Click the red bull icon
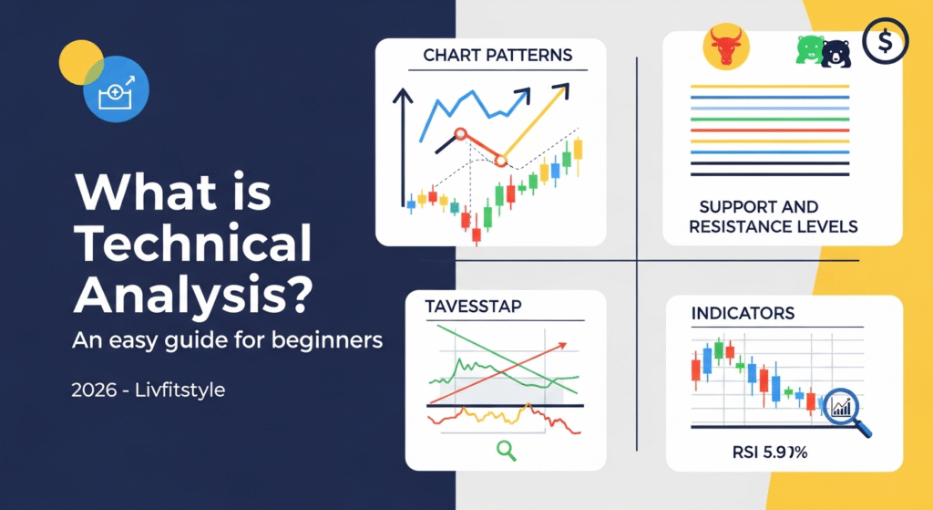(726, 47)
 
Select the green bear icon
(810, 51)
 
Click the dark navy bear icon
(835, 53)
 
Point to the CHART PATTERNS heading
(497, 56)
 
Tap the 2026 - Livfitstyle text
(149, 390)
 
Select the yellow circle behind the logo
(79, 62)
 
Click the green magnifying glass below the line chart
(505, 448)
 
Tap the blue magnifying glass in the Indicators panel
(842, 407)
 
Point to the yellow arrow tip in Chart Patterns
(566, 89)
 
